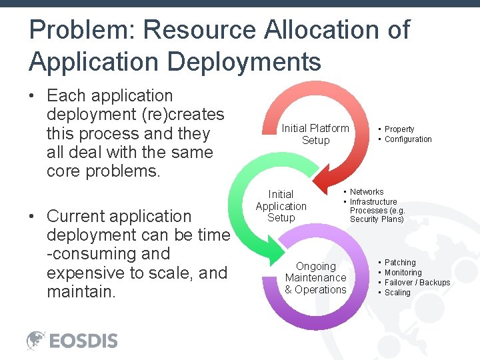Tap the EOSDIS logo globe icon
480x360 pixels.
[36, 341]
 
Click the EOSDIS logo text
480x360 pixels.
[83, 341]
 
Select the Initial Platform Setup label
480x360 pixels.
[315, 134]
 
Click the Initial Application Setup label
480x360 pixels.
[281, 206]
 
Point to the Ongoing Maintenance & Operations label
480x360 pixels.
[315, 278]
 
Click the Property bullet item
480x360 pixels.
[399, 129]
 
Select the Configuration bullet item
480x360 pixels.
[408, 139]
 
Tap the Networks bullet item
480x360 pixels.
[367, 192]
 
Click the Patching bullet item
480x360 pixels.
[400, 263]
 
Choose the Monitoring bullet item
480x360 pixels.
[403, 273]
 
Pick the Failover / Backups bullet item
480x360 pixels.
[417, 283]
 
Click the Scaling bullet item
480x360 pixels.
[397, 293]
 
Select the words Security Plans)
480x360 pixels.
[377, 219]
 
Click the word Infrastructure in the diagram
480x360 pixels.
[373, 202]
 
